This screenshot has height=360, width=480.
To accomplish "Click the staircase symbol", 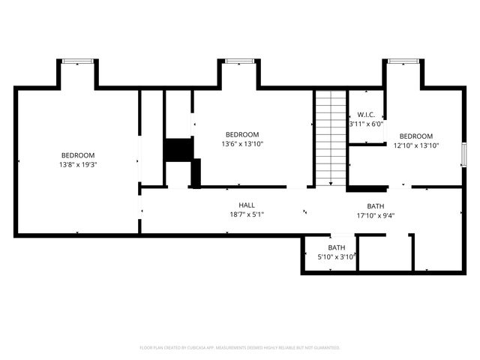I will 331,139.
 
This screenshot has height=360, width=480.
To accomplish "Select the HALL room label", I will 247,205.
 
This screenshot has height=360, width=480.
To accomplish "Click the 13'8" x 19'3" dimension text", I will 78,164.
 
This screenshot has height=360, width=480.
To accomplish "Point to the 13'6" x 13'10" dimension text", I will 242,144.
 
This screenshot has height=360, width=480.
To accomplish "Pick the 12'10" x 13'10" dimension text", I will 415,145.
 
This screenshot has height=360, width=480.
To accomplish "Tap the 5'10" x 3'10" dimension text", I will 336,256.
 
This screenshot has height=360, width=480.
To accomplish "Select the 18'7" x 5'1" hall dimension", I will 247,214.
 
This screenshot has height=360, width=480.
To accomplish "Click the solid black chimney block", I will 178,150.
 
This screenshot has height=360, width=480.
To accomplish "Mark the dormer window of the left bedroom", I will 77,61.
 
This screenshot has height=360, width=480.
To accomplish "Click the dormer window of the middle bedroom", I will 238,61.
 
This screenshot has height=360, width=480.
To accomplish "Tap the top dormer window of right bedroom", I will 403,61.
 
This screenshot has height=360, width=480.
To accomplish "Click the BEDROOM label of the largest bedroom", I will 78,155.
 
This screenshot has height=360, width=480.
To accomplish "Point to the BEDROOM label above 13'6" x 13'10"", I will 242,134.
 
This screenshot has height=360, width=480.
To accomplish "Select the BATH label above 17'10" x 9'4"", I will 376,206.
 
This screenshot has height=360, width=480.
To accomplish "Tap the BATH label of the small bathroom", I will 337,247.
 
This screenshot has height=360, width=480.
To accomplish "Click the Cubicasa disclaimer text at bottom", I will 240,348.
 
